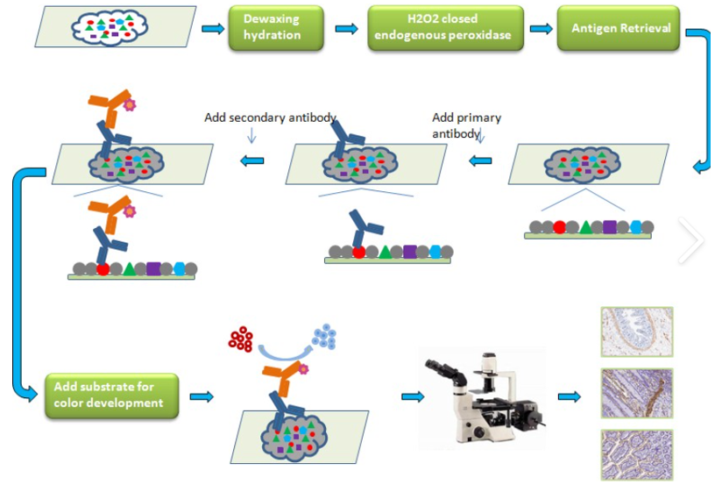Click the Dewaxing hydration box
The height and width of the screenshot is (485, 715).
(x=273, y=28)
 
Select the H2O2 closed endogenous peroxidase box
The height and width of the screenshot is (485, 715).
(x=445, y=28)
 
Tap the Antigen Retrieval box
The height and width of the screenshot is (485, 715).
(x=621, y=28)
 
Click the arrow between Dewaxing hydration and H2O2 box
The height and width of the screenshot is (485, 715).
(x=346, y=29)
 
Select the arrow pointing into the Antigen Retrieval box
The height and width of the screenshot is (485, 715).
(x=541, y=29)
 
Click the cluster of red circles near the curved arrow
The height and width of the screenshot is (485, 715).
(x=241, y=339)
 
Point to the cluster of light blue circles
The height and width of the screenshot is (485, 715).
(x=326, y=336)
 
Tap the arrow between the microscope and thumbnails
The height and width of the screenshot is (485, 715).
(x=570, y=397)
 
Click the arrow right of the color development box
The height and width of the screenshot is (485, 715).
(x=202, y=397)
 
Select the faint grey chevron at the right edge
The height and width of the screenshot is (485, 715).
(x=690, y=241)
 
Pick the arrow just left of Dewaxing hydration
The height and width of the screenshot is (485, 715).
(x=213, y=29)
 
